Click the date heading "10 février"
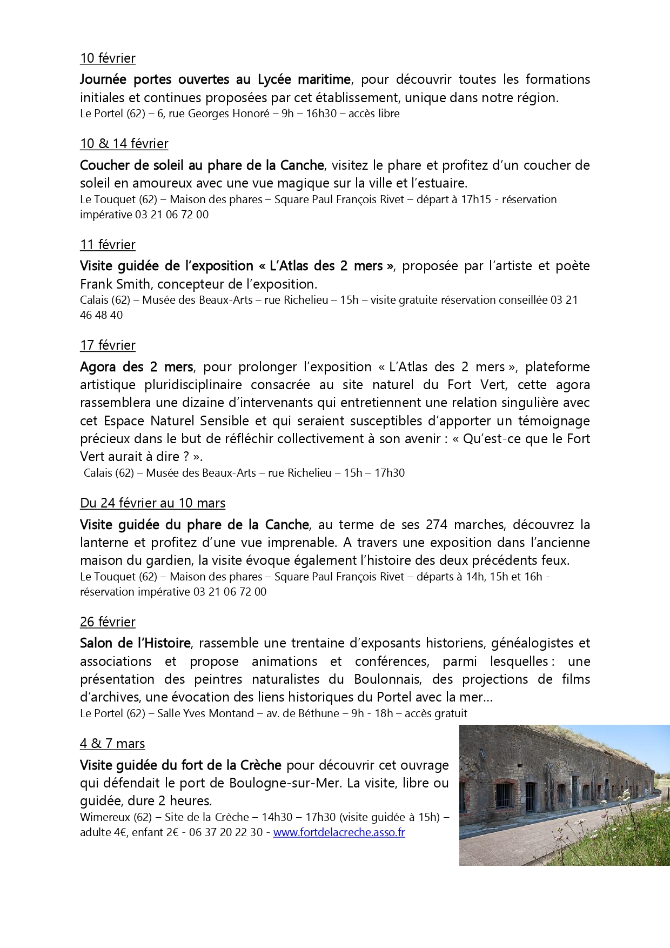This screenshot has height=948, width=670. [x=108, y=58]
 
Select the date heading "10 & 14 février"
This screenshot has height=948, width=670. [x=124, y=144]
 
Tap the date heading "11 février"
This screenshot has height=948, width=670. [x=108, y=245]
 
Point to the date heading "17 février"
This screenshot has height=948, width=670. [x=108, y=345]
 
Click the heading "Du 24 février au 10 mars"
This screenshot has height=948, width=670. [x=152, y=503]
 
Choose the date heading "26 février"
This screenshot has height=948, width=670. [x=108, y=622]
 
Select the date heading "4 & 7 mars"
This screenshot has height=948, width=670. [x=112, y=744]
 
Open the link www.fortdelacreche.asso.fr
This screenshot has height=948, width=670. [x=339, y=832]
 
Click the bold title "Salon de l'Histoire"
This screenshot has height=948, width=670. [x=135, y=643]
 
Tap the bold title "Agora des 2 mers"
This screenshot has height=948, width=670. [x=136, y=367]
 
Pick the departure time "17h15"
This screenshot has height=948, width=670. [x=475, y=199]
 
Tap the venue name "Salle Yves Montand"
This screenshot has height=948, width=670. [x=205, y=713]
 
